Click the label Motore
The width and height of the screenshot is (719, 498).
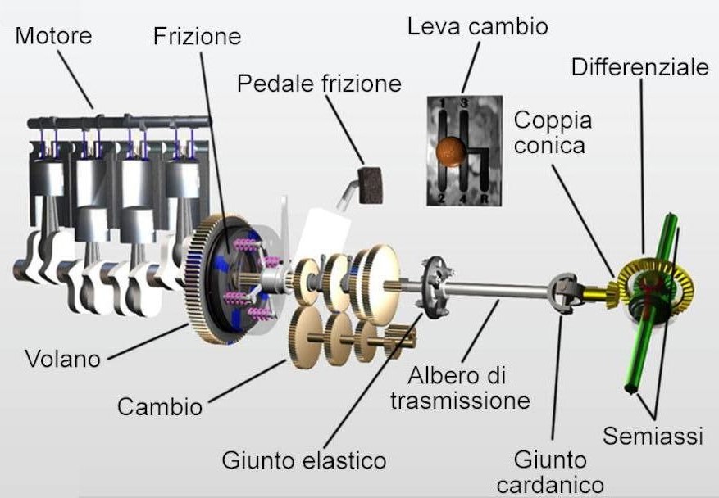tap(53, 36)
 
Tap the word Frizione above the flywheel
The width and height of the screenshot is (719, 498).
tap(198, 36)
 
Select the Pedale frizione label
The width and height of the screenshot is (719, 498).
tap(319, 84)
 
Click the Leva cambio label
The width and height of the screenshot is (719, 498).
tap(478, 26)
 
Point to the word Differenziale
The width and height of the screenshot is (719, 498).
tap(640, 67)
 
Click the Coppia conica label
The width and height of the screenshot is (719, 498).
tap(553, 133)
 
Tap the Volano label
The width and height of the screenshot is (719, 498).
tap(63, 359)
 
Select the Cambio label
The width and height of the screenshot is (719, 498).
tap(160, 406)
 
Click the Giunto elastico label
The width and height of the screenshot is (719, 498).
tap(304, 460)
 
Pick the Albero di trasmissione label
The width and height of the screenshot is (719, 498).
tap(461, 387)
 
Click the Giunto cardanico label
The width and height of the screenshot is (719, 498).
tap(550, 473)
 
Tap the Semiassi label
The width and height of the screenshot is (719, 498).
tap(653, 435)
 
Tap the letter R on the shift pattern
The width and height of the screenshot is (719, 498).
tap(485, 198)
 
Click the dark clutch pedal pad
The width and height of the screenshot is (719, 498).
tap(370, 184)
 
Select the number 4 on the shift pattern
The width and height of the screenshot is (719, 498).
tap(463, 199)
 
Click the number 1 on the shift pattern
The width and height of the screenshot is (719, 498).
tap(443, 103)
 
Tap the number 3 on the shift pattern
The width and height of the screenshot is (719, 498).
tap(464, 102)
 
